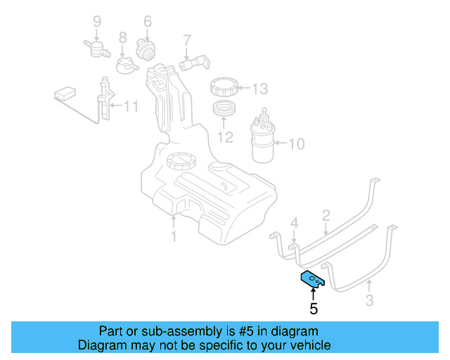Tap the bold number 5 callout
click(x=314, y=308)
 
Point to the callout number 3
click(x=370, y=302)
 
